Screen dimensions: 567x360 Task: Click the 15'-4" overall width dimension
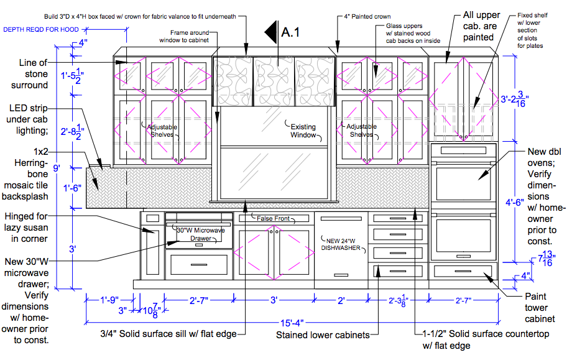point(292,323)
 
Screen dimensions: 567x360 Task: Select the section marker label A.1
point(290,32)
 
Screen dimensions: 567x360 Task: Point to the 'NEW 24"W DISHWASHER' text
point(341,244)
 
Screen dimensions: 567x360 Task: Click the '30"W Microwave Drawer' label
point(201,234)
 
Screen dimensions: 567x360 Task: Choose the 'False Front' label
point(273,218)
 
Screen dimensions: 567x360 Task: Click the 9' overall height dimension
point(57,168)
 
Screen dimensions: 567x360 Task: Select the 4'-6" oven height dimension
point(515,202)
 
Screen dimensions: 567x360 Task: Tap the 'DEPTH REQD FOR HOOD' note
point(41,30)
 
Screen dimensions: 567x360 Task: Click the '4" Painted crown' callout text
point(367,16)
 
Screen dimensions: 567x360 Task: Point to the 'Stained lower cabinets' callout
point(323,335)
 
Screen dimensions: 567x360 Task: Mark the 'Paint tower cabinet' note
point(540,308)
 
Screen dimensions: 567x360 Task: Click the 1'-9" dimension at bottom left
point(109,300)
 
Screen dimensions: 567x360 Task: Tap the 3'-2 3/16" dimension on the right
point(515,99)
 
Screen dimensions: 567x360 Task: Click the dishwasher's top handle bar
point(341,218)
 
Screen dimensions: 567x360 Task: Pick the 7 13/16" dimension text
point(545,258)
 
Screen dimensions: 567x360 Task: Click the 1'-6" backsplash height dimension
point(72,188)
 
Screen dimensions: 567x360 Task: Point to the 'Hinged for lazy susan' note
point(26,228)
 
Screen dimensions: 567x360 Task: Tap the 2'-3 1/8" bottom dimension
point(398,300)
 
